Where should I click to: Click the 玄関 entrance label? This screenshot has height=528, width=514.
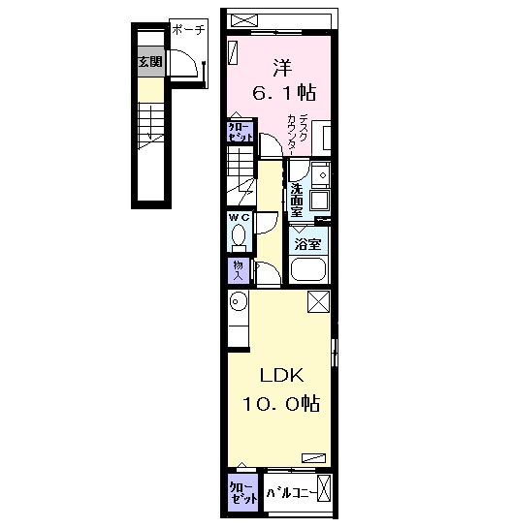(150, 62)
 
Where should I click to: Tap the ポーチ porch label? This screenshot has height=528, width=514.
(188, 30)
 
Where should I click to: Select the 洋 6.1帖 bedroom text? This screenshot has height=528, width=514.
(284, 80)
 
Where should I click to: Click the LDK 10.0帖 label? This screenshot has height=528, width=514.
(281, 389)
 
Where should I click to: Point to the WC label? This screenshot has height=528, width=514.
(240, 217)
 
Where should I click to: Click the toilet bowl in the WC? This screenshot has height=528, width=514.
(239, 235)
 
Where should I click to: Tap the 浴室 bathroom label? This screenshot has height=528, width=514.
(307, 244)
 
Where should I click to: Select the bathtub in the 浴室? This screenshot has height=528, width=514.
(308, 269)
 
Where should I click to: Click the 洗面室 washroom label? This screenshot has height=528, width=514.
(297, 200)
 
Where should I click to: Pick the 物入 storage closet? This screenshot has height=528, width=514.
(239, 270)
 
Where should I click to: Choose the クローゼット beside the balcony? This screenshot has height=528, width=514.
(242, 493)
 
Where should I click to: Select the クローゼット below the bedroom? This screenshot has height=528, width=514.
(240, 132)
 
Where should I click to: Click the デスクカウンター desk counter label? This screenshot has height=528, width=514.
(299, 135)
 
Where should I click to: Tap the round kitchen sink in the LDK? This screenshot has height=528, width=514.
(239, 300)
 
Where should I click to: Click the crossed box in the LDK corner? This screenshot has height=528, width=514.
(318, 301)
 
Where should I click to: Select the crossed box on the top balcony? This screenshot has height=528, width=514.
(244, 20)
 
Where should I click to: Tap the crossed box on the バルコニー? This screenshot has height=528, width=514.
(324, 489)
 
